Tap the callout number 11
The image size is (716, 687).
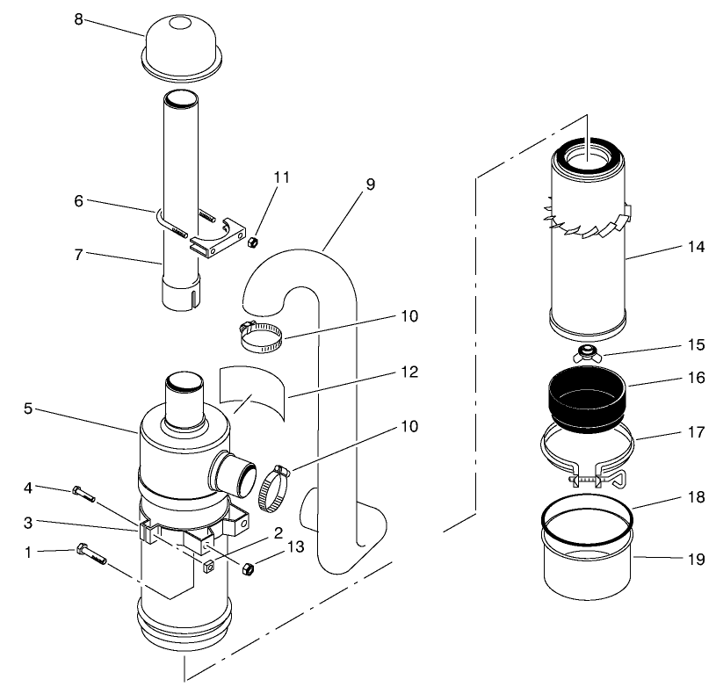tap(280, 177)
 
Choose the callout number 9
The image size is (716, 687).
tap(369, 184)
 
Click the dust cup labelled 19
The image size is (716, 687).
tap(586, 566)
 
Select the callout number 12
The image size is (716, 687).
tap(407, 372)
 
